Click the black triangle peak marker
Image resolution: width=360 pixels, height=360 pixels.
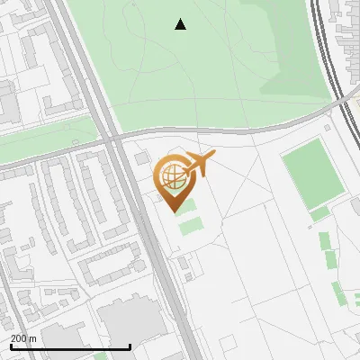[180, 24]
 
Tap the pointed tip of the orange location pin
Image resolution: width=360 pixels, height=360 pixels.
[175, 211]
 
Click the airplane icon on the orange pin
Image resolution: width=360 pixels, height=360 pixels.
[199, 163]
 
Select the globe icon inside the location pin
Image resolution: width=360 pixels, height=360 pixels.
[171, 175]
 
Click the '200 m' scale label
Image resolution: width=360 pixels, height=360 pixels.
[23, 338]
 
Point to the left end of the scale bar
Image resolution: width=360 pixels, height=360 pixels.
[10, 347]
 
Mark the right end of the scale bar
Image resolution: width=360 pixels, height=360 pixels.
[130, 347]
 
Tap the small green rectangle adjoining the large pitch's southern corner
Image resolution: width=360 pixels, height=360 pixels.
[319, 214]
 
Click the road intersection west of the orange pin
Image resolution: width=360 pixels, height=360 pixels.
[114, 140]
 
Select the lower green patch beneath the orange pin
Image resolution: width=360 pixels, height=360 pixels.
[190, 225]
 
